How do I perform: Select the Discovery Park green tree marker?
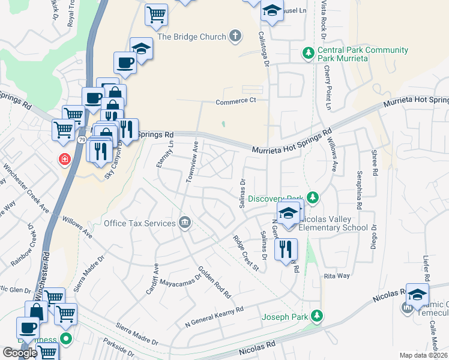312,197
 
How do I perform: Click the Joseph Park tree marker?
316,316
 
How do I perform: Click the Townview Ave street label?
191,161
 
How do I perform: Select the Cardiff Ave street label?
151,278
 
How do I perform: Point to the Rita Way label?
336,275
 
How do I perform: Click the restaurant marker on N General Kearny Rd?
286,248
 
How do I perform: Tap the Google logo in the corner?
20,353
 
